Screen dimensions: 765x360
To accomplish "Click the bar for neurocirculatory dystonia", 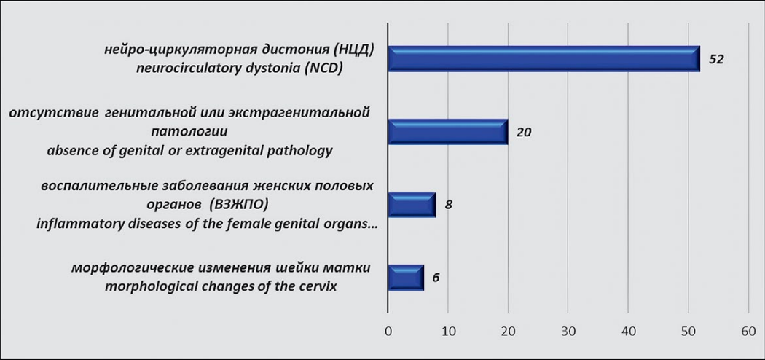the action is pyautogui.click(x=544, y=59).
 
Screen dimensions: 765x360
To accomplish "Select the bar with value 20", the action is pyautogui.click(x=448, y=132).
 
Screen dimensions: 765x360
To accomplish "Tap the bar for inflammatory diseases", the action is pyautogui.click(x=412, y=204).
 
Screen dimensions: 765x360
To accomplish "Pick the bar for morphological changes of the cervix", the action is pyautogui.click(x=406, y=278).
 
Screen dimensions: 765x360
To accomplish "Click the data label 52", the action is pyautogui.click(x=716, y=60).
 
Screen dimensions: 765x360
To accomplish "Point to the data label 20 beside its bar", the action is pyautogui.click(x=524, y=132).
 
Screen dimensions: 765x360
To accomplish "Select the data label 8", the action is pyautogui.click(x=448, y=205).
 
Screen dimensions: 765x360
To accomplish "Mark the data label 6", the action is pyautogui.click(x=436, y=278).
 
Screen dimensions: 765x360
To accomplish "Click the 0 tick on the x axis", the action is pyautogui.click(x=388, y=332).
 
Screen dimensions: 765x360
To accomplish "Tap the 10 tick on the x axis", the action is pyautogui.click(x=448, y=332).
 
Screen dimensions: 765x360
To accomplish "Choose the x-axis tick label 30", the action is pyautogui.click(x=568, y=332).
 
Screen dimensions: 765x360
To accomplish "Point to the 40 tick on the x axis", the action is pyautogui.click(x=628, y=332).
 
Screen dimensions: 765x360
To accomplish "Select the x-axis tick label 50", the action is pyautogui.click(x=688, y=332).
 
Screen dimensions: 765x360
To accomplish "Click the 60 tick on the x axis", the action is pyautogui.click(x=748, y=332).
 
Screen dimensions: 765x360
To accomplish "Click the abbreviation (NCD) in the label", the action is pyautogui.click(x=322, y=69).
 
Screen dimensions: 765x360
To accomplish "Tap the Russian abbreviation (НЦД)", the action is pyautogui.click(x=353, y=51).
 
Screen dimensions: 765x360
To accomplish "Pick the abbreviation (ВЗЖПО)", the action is pyautogui.click(x=240, y=205).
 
